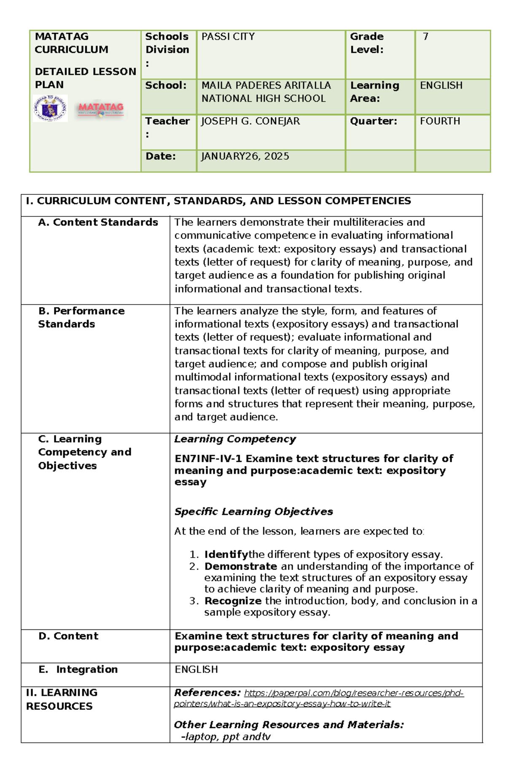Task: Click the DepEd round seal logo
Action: pyautogui.click(x=50, y=109)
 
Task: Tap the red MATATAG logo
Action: pyautogui.click(x=100, y=109)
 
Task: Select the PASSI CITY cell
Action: pyautogui.click(x=228, y=37)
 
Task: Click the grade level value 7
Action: pyautogui.click(x=425, y=37)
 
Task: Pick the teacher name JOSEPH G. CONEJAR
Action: pyautogui.click(x=250, y=121)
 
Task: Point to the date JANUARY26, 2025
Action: pyautogui.click(x=245, y=156)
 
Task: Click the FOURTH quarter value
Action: pyautogui.click(x=440, y=121)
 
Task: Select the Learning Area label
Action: pyautogui.click(x=374, y=92)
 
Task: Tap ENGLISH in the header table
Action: pyautogui.click(x=441, y=86)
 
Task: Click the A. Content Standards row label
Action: pyautogui.click(x=98, y=222)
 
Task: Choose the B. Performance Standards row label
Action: pyautogui.click(x=81, y=318)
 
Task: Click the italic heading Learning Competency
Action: pyautogui.click(x=235, y=439)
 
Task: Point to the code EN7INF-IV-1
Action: pyautogui.click(x=208, y=458)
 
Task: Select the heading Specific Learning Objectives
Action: pyautogui.click(x=253, y=512)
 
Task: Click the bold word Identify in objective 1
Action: pyautogui.click(x=226, y=555)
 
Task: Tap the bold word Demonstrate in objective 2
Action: pyautogui.click(x=240, y=566)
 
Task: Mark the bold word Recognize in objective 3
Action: pyautogui.click(x=233, y=601)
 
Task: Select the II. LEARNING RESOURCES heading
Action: pyautogui.click(x=61, y=699)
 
